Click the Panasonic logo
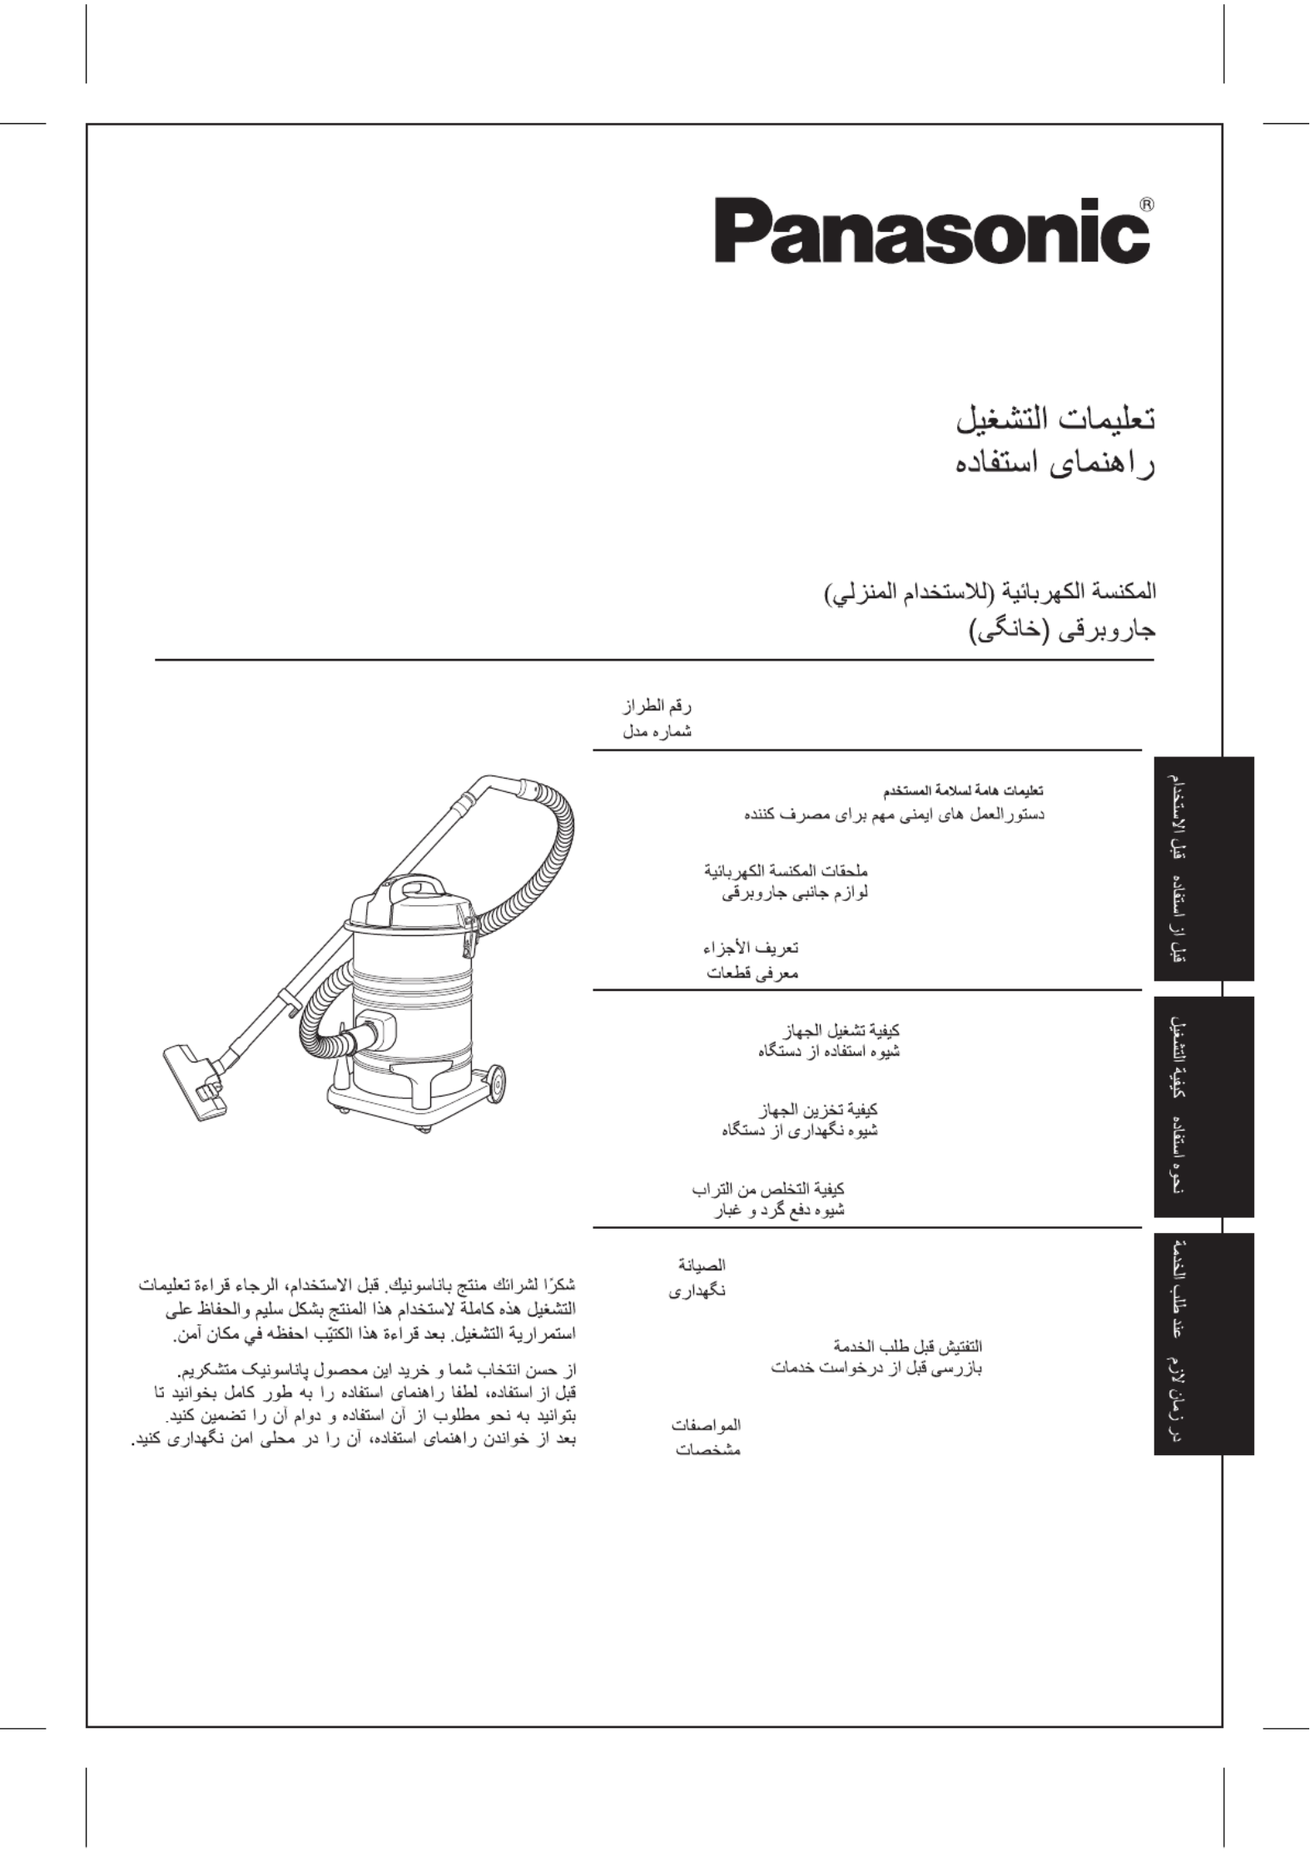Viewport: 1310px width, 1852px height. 931,230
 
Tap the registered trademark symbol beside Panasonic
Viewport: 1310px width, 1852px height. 1145,204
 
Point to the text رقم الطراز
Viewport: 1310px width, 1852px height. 657,707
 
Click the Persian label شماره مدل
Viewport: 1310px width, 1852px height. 657,732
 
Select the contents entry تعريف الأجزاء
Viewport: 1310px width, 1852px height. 751,948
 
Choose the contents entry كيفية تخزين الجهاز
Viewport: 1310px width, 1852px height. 819,1109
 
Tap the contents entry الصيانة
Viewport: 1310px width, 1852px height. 702,1265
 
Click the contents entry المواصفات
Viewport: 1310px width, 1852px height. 706,1424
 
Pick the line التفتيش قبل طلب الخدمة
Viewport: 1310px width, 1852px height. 908,1345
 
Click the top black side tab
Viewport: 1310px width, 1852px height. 1203,868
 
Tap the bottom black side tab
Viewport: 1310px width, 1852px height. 1203,1343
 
